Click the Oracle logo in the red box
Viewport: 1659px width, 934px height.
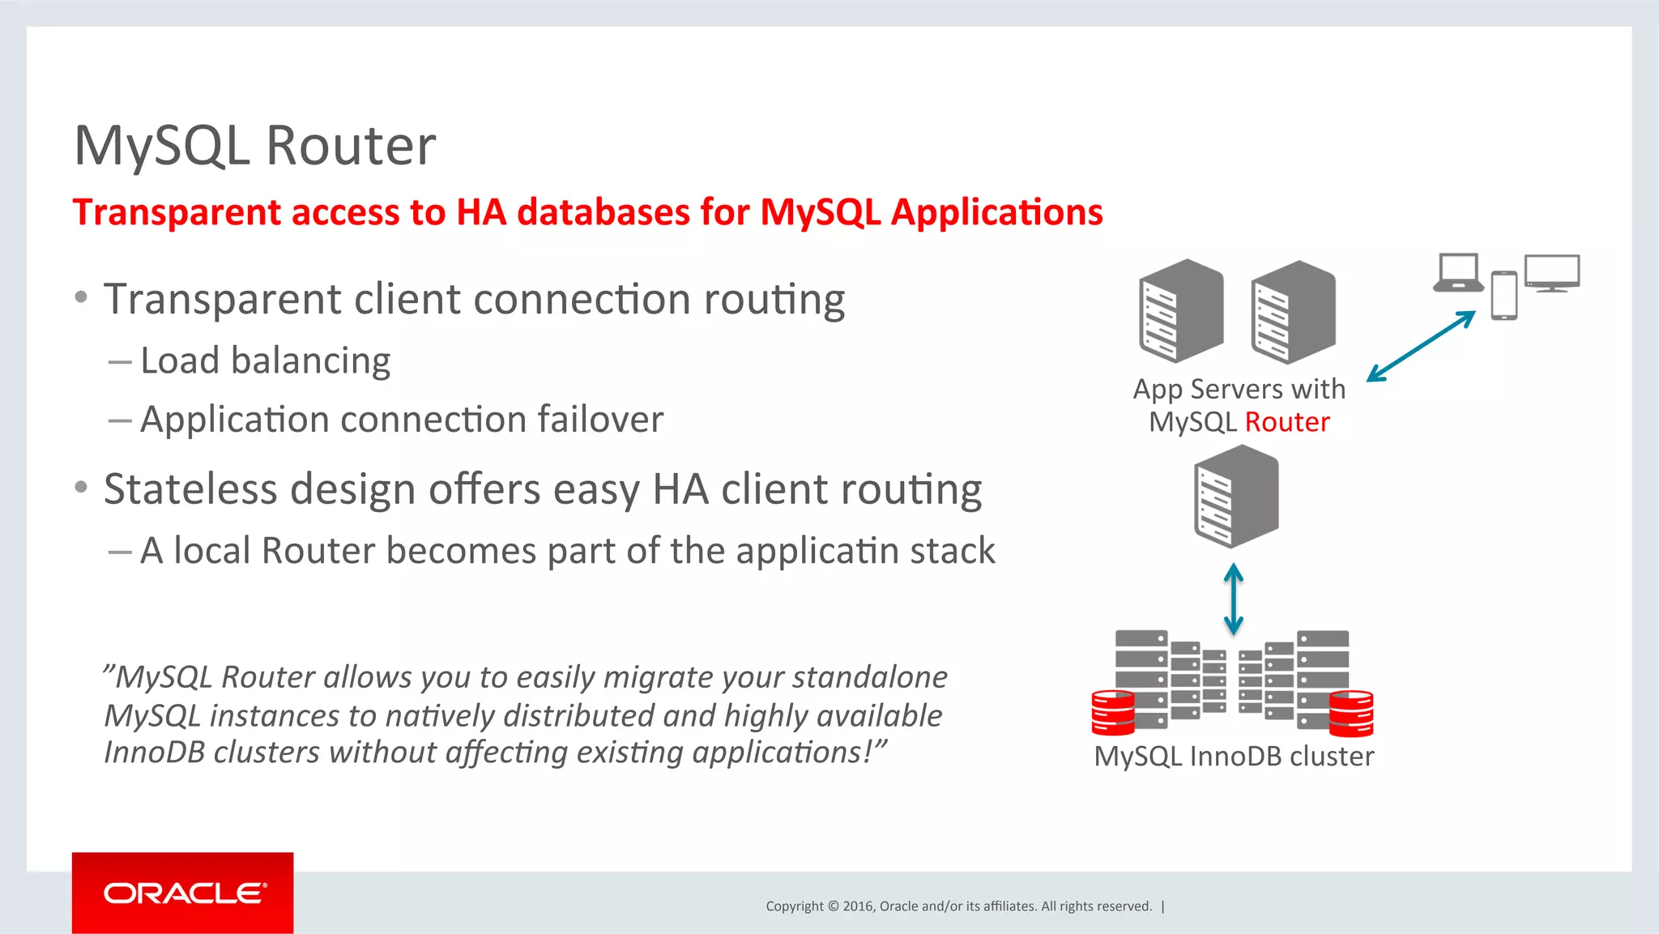184,893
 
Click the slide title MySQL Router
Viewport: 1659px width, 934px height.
255,146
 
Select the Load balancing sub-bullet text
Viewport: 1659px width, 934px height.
265,360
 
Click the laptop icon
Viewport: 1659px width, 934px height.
1458,273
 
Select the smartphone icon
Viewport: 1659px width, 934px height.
1503,296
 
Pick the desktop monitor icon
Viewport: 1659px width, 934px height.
1551,273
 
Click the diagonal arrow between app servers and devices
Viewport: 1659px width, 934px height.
1421,346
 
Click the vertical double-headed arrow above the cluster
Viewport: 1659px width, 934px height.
1233,599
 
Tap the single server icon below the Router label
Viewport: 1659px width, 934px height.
1236,496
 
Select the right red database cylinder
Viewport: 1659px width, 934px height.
1350,713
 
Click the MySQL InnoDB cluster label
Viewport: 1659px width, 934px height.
1233,757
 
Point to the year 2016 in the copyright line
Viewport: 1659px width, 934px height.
858,906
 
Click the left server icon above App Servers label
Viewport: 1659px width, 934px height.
1180,310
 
